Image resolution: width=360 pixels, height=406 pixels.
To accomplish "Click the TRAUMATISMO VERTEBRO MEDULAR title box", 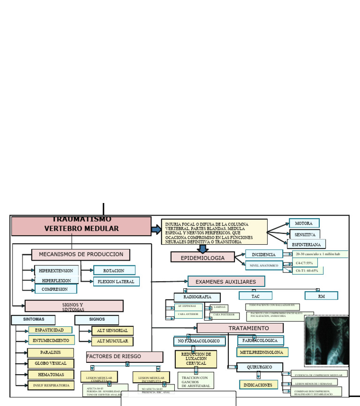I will pyautogui.click(x=81, y=226).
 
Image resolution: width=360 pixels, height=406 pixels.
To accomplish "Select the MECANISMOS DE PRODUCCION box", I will pyautogui.click(x=81, y=255).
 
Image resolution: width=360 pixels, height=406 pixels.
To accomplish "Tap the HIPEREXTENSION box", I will pyautogui.click(x=56, y=271).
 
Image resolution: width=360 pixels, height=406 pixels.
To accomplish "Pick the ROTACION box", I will pyautogui.click(x=114, y=271).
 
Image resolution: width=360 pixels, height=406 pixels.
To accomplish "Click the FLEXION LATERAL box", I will pyautogui.click(x=116, y=282).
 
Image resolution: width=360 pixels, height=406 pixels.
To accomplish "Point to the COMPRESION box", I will pyautogui.click(x=55, y=289).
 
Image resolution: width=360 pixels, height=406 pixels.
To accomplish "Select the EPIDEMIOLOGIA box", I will pyautogui.click(x=202, y=257).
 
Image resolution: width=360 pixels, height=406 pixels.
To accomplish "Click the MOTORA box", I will pyautogui.click(x=304, y=223).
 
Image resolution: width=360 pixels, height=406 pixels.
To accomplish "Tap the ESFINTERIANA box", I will pyautogui.click(x=306, y=244).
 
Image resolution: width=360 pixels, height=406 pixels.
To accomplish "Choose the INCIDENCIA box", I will pyautogui.click(x=263, y=255).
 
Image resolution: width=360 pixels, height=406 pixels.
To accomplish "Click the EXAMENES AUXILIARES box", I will pyautogui.click(x=226, y=282).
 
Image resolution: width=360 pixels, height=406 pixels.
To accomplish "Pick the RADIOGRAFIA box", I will pyautogui.click(x=197, y=297).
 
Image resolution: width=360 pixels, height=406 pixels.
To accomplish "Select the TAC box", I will pyautogui.click(x=255, y=296).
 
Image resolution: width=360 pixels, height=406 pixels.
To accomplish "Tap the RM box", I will pyautogui.click(x=321, y=296).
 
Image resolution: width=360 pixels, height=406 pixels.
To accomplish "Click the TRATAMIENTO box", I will pyautogui.click(x=240, y=328).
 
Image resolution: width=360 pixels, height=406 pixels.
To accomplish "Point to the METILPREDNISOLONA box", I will pyautogui.click(x=262, y=352).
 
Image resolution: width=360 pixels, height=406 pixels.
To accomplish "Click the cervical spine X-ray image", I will pyautogui.click(x=326, y=341).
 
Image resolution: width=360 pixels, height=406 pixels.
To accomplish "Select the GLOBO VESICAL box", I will pyautogui.click(x=51, y=363).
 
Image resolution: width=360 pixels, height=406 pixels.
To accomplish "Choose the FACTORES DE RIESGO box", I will pyautogui.click(x=124, y=357).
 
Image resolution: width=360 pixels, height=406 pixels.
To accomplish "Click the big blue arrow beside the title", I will pyautogui.click(x=156, y=229).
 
